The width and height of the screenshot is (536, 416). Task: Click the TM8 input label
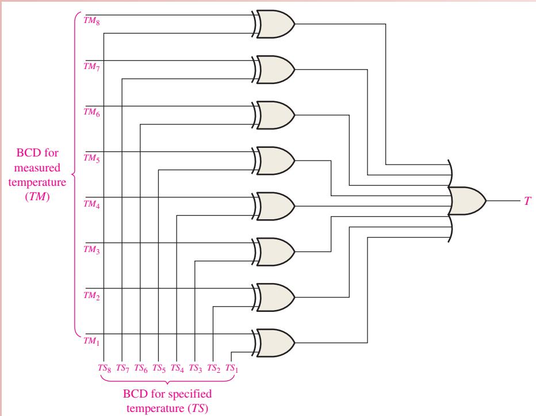[x=91, y=21]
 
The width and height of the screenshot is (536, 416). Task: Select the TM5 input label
[x=91, y=158]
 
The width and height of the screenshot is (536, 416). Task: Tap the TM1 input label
[x=91, y=341]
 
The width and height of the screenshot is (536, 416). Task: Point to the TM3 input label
[x=91, y=250]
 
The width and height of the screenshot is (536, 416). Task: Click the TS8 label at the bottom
[x=104, y=368]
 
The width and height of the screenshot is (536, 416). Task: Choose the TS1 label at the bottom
[x=232, y=368]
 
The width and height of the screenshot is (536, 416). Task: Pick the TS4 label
[x=177, y=368]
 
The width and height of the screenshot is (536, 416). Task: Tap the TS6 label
[x=141, y=368]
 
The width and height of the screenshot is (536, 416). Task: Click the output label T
[x=528, y=201]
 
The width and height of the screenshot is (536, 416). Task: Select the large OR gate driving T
[x=466, y=201]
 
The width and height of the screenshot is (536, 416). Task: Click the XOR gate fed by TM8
[x=274, y=24]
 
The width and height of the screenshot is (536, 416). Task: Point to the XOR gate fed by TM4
[x=274, y=207]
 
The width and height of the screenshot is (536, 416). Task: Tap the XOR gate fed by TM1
[x=274, y=343]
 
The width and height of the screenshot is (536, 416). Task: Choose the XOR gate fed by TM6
[x=274, y=115]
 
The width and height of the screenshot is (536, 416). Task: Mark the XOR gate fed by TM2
[x=274, y=297]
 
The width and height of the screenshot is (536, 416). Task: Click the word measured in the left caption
[x=37, y=167]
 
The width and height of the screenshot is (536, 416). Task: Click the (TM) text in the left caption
[x=37, y=197]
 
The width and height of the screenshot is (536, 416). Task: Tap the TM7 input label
[x=91, y=66]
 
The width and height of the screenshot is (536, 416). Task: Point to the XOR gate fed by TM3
[x=274, y=252]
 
